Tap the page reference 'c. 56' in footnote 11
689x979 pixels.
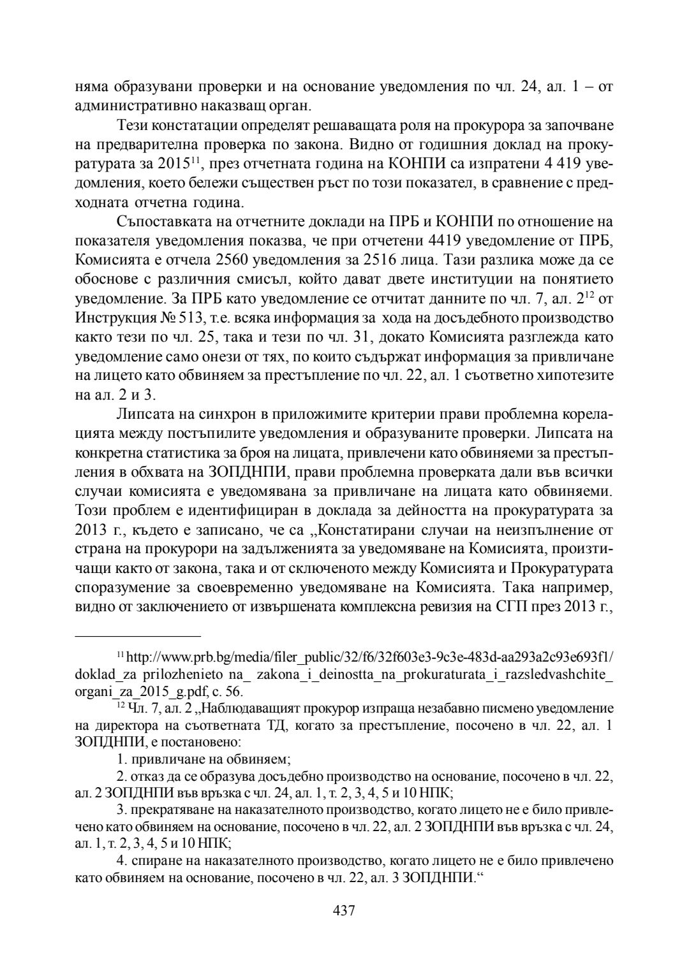[228, 691]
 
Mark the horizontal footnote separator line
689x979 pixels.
[138, 635]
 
